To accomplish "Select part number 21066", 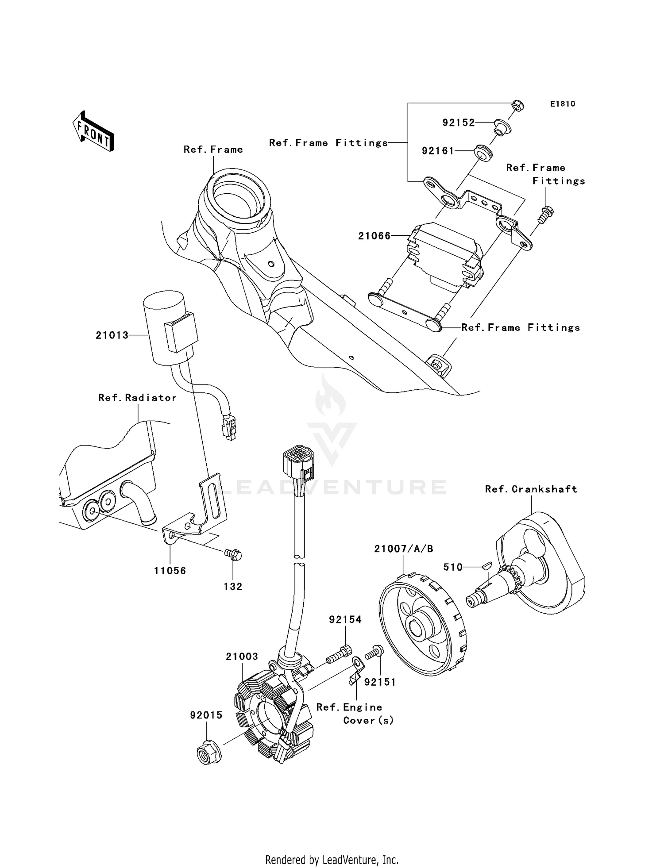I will click(374, 236).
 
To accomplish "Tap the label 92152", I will click(459, 123).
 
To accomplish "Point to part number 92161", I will click(438, 151).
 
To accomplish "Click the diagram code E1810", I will click(563, 104).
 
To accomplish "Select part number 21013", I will click(112, 335).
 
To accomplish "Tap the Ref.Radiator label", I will click(137, 398).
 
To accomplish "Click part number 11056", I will click(170, 571).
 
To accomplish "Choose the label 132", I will click(233, 587).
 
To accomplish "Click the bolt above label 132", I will click(233, 554).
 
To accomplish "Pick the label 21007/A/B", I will click(404, 549).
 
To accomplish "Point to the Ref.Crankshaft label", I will click(531, 489).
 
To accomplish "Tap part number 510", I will click(453, 567).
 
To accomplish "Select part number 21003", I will click(242, 657).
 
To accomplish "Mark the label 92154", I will click(345, 620).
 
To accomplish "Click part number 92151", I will click(380, 682).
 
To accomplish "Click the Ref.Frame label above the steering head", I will click(213, 150).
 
